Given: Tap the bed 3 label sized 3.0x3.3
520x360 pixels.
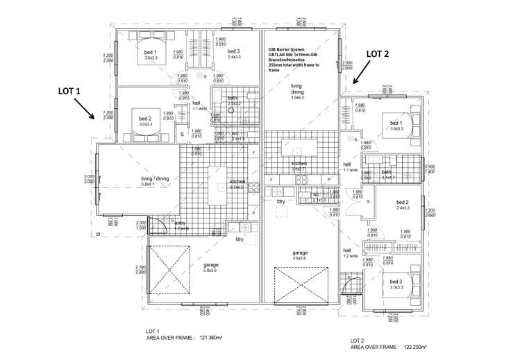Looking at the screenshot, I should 396,284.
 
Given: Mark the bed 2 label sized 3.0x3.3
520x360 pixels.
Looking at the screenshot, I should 144,121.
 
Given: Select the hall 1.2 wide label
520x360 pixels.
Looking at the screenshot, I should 349,253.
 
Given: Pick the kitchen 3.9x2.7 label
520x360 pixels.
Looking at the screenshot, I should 299,166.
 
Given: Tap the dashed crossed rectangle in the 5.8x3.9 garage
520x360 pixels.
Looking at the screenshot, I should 167,271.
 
